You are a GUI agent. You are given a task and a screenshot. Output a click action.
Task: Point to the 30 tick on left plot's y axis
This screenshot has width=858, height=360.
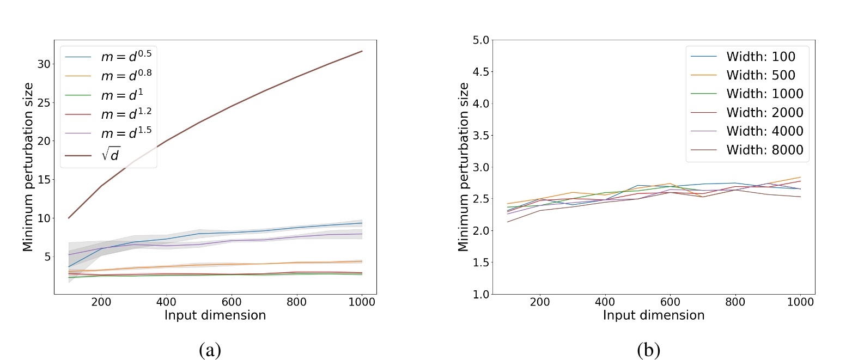coord(44,64)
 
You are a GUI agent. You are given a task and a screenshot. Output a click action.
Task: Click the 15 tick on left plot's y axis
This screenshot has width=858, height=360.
coord(44,180)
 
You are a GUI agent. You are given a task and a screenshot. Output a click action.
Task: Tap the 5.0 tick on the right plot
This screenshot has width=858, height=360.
coord(482,40)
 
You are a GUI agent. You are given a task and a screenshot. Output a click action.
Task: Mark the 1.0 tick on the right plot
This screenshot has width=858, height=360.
coord(482,294)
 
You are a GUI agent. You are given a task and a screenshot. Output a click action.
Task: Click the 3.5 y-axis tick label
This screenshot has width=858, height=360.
coord(482,135)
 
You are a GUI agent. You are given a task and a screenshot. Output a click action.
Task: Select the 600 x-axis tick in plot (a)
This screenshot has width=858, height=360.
coord(232,302)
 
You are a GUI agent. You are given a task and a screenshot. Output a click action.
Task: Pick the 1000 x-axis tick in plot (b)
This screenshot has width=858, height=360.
coord(800,302)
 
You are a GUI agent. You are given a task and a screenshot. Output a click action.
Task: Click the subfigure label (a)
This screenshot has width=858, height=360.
coord(210,350)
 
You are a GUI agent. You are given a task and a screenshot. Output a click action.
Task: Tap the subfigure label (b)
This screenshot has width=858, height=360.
coord(648,350)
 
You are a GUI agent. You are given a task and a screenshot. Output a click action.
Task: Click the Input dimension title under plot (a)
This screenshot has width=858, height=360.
coord(215,315)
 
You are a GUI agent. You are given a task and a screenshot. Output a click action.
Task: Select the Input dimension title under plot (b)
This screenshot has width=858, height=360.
coord(654,315)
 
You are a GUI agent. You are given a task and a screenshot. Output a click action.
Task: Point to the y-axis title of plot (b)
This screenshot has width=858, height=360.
coord(464,167)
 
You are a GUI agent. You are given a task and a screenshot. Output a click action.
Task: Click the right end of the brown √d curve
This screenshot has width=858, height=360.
coord(362,51)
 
